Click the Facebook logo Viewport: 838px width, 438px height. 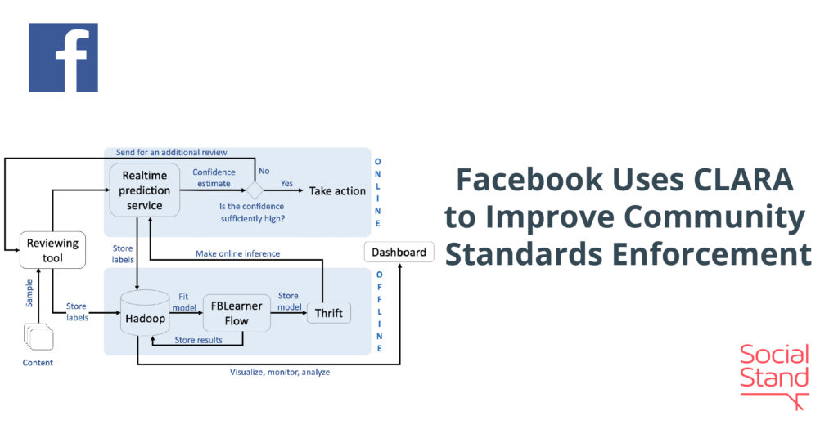tap(63, 57)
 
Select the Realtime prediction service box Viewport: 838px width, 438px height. tap(146, 190)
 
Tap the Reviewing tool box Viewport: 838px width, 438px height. tap(52, 250)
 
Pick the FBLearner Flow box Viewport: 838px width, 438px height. tap(237, 313)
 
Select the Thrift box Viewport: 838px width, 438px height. tap(328, 313)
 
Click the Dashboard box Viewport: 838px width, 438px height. tap(399, 252)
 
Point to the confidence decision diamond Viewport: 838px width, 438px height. tap(255, 190)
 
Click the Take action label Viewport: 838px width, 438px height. tap(337, 190)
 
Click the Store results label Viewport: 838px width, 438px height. tap(198, 340)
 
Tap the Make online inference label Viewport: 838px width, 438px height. tap(237, 253)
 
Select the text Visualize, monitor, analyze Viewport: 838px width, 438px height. tap(280, 373)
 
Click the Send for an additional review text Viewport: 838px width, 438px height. tap(171, 152)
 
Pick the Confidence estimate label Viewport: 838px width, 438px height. tap(214, 178)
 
